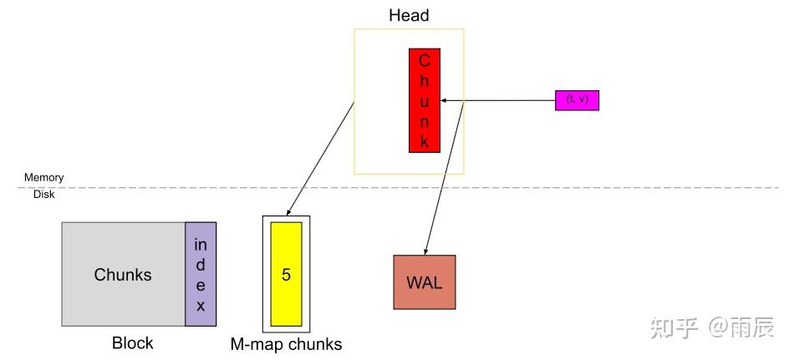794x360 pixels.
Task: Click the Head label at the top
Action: coord(409,15)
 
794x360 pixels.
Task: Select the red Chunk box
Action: coord(425,100)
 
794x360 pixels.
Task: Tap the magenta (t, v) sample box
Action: coord(577,100)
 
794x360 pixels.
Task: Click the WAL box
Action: coord(425,282)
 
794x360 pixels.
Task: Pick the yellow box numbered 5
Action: coord(286,274)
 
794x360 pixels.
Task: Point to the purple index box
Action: coord(201,274)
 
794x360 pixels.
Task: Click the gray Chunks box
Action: coord(123,274)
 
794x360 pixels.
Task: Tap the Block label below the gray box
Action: coord(133,343)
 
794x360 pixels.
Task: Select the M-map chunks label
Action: coord(286,344)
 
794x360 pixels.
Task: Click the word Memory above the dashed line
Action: coord(44,178)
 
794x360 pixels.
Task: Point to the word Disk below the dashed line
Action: coord(44,194)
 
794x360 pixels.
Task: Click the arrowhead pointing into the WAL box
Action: coord(426,251)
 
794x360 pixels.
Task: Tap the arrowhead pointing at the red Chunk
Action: coord(445,100)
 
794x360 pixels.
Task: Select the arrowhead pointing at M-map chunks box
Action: coord(288,210)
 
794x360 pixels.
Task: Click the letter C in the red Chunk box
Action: coord(425,61)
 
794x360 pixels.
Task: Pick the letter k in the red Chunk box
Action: coord(425,142)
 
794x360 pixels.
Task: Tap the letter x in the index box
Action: coord(201,307)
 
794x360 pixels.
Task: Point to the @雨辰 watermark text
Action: coord(741,327)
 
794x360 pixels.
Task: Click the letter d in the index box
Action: coord(201,265)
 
